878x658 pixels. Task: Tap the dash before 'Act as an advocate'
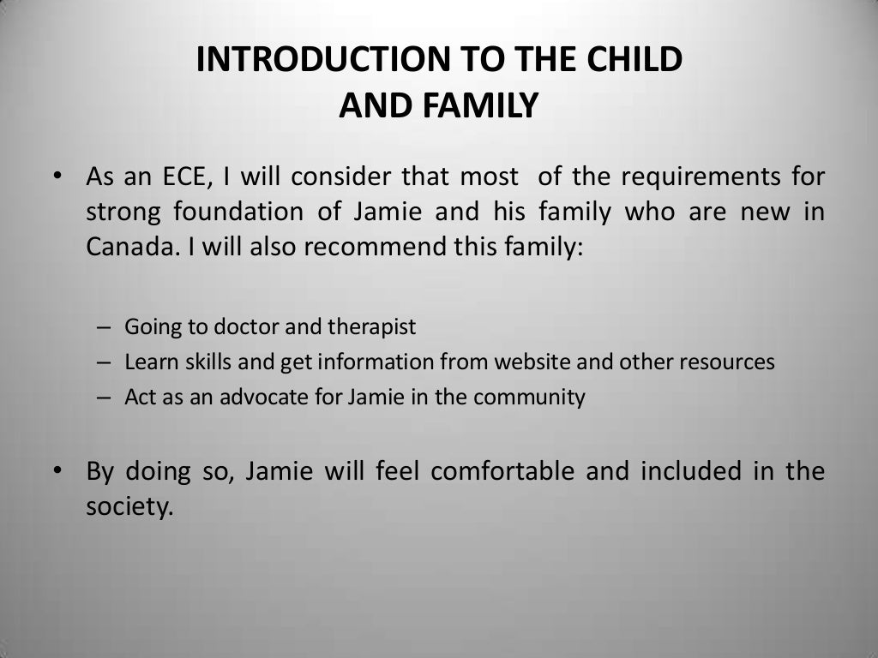tap(104, 398)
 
